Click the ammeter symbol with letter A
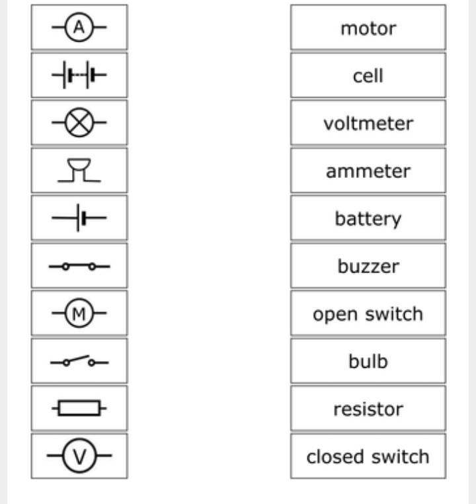(79, 28)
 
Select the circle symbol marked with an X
(79, 124)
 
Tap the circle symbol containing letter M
(79, 314)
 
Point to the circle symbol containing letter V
(79, 456)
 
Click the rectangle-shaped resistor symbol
(79, 409)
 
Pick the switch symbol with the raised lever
(79, 361)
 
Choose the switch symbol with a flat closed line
(79, 267)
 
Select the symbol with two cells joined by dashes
(79, 76)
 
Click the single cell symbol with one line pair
(79, 218)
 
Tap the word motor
(368, 28)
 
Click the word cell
(368, 76)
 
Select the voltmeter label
(368, 124)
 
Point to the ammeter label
(368, 171)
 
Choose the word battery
(368, 219)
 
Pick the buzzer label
(368, 267)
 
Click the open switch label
(368, 314)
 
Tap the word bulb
(368, 362)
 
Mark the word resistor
(368, 409)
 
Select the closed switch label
(368, 456)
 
